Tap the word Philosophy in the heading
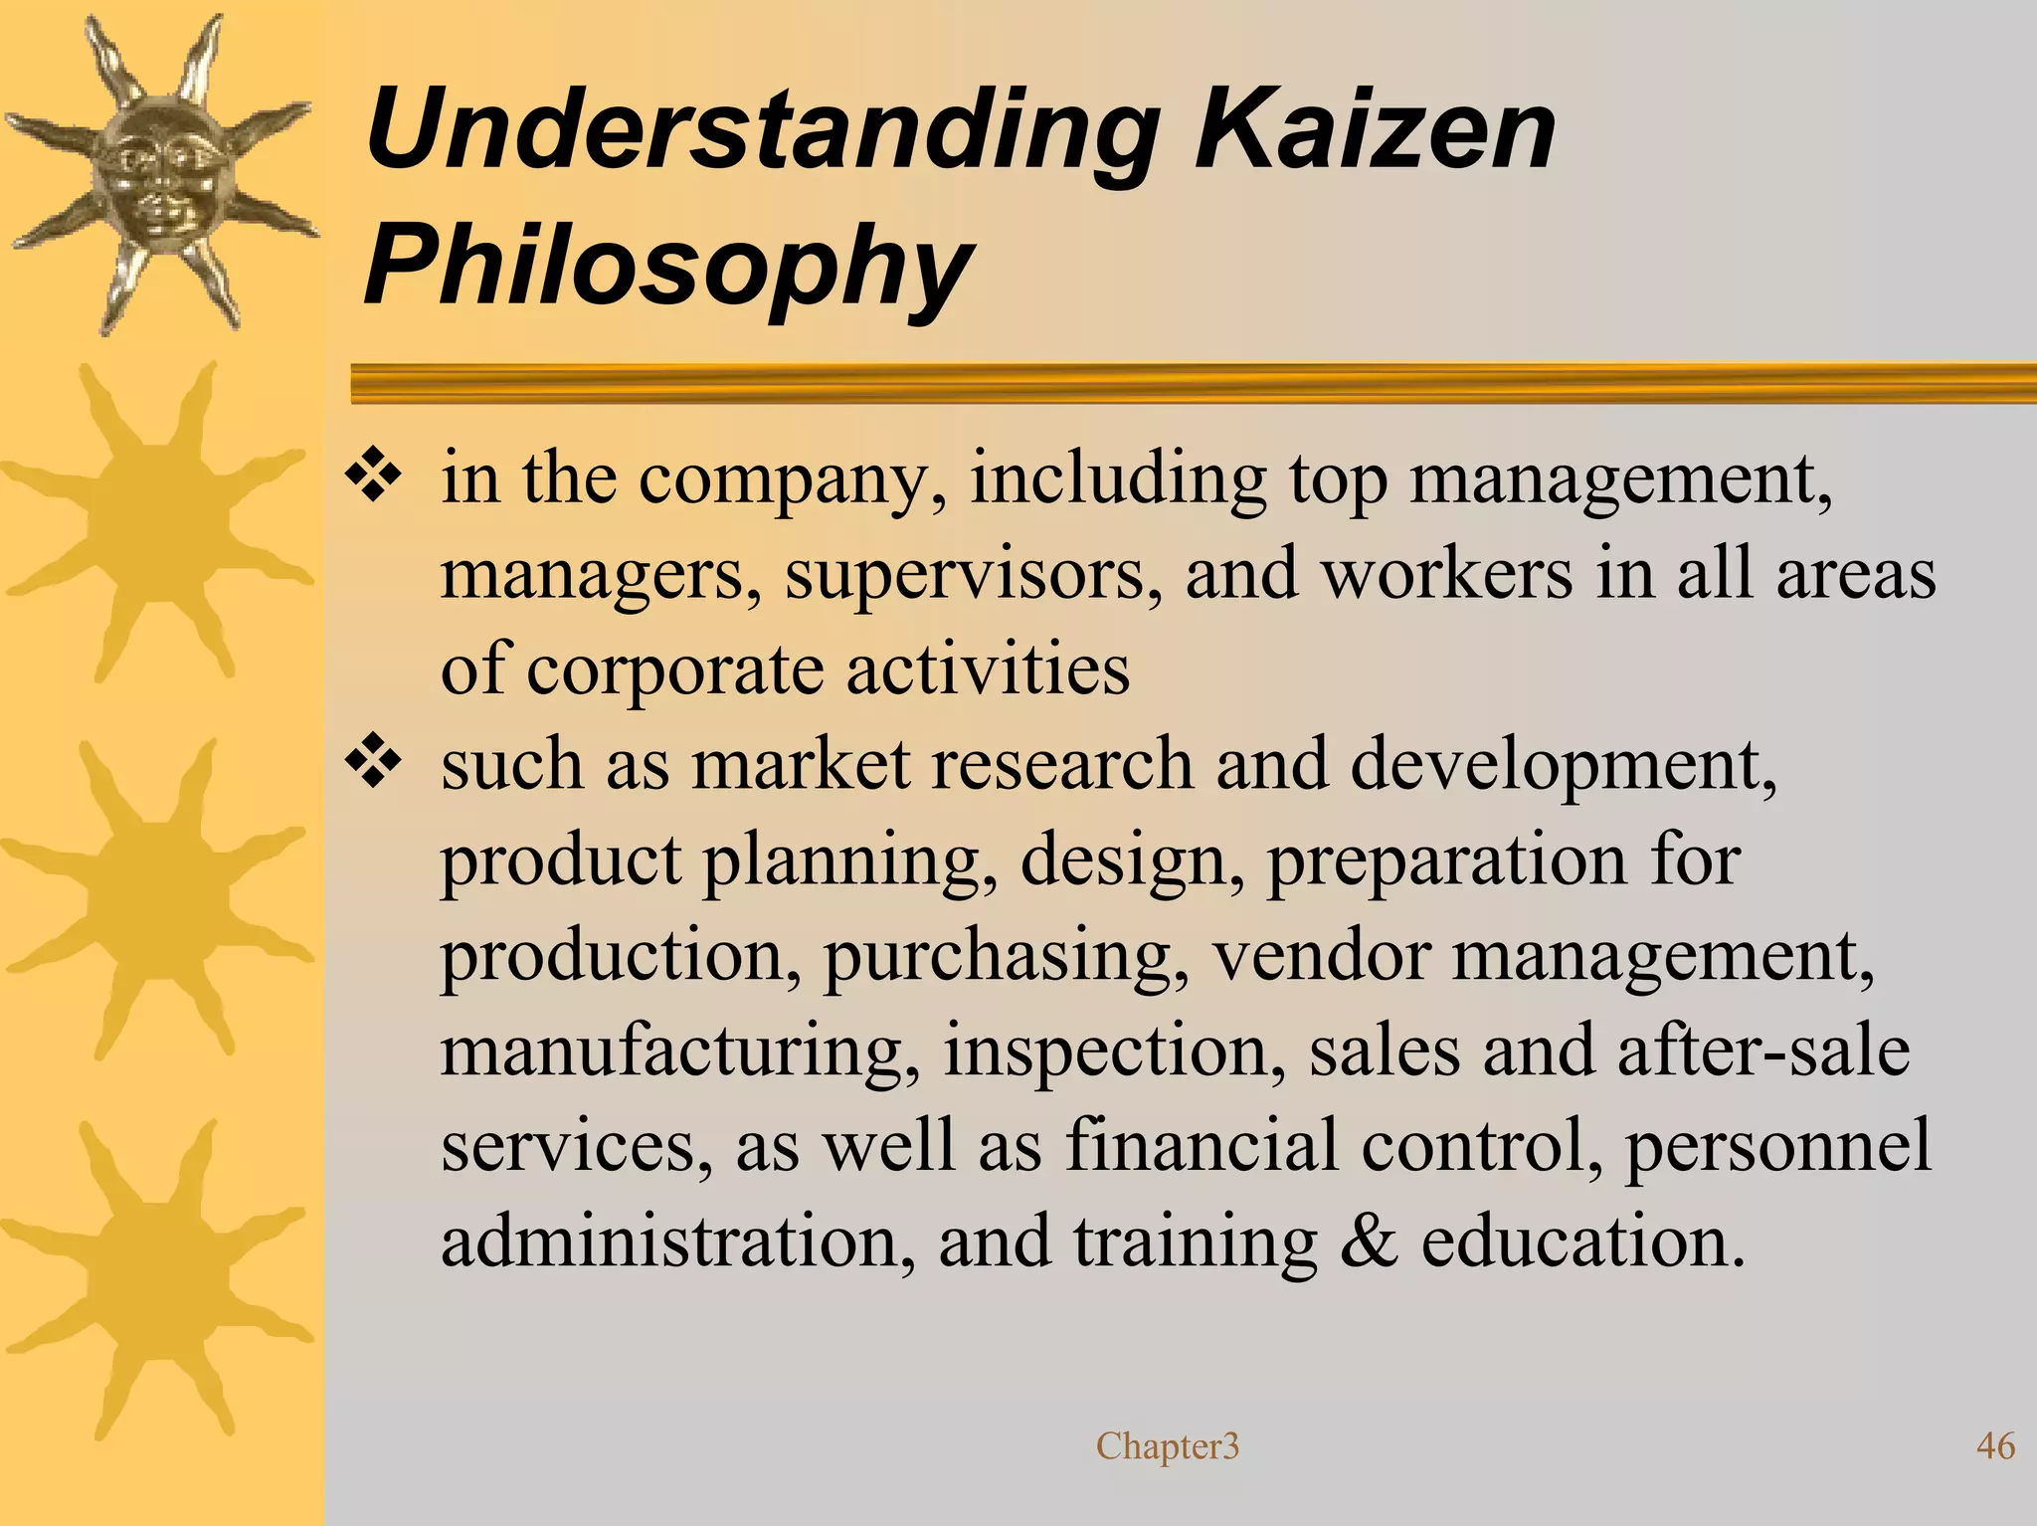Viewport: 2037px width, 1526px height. pos(668,267)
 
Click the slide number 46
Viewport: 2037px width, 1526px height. pos(1995,1445)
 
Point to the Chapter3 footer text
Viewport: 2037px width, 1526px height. pos(1168,1446)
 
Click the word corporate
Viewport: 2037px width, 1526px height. pos(674,669)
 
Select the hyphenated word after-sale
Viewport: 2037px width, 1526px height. pos(1762,1050)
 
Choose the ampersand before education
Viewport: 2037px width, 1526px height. pos(1369,1241)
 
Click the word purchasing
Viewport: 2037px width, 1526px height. pos(1006,957)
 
